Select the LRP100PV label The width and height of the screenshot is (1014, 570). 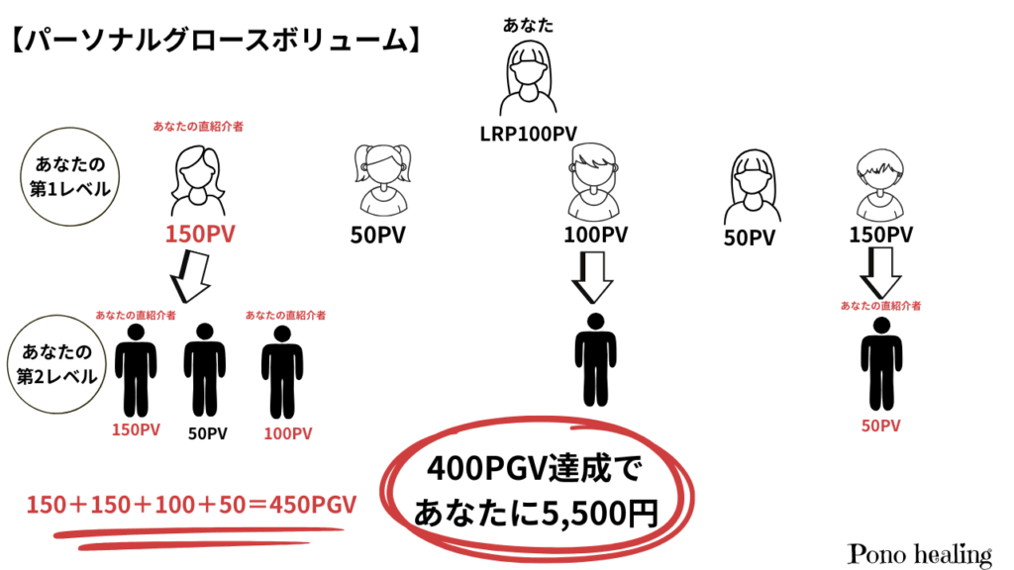527,132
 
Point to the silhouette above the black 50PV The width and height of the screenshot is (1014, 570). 205,368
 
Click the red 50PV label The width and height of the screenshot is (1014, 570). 880,426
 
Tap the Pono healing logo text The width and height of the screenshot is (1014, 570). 920,553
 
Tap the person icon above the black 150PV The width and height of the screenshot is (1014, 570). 880,184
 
